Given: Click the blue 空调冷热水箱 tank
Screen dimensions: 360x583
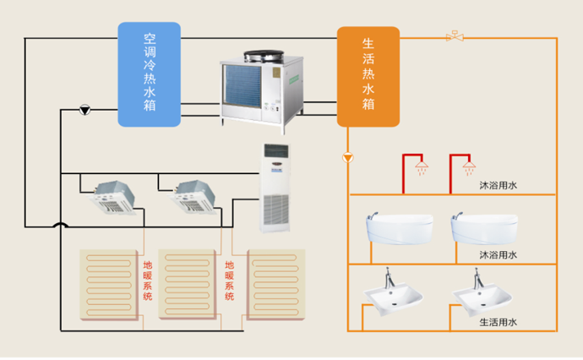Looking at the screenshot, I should pyautogui.click(x=149, y=74).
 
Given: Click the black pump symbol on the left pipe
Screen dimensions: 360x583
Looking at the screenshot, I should pyautogui.click(x=85, y=110).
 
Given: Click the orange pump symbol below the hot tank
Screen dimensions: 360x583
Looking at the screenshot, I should pyautogui.click(x=348, y=158).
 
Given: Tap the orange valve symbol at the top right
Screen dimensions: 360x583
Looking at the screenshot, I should pyautogui.click(x=455, y=36).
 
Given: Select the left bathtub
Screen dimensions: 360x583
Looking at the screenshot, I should pyautogui.click(x=398, y=229).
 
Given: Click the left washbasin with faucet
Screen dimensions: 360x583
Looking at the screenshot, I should pyautogui.click(x=393, y=292).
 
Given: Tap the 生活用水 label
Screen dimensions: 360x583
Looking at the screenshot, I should pyautogui.click(x=498, y=322).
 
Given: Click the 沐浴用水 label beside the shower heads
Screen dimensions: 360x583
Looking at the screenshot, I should pyautogui.click(x=498, y=183).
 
